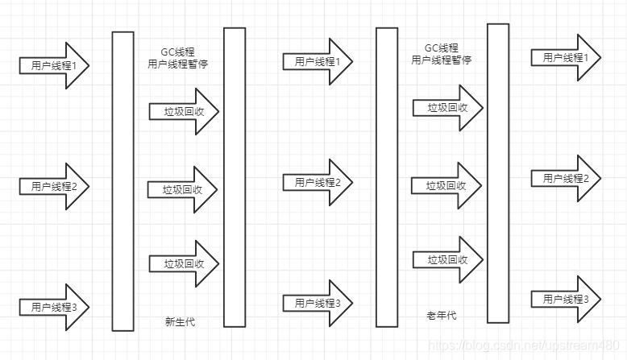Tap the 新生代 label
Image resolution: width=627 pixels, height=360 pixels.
(x=180, y=322)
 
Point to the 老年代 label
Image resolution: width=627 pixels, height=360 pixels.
(x=441, y=316)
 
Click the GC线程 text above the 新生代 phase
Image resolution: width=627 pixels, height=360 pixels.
(x=178, y=50)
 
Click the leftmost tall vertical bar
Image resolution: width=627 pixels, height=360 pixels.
(x=122, y=181)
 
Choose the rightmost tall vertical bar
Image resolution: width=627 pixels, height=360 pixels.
(x=498, y=172)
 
